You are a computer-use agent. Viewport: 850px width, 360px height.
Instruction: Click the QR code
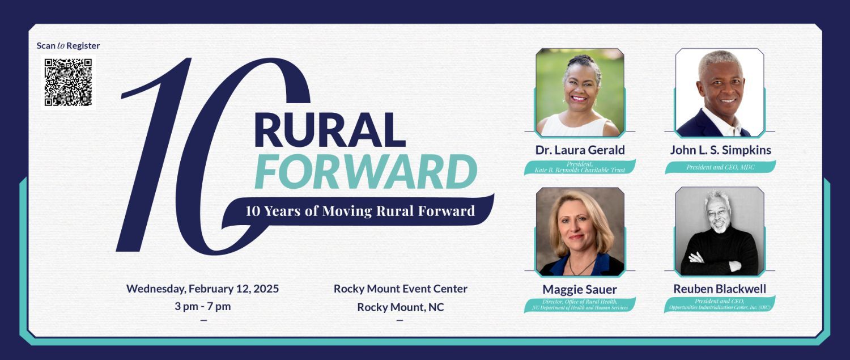click(69, 82)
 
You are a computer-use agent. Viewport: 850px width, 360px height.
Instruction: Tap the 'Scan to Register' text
click(69, 45)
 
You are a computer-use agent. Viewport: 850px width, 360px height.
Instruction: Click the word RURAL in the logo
click(330, 130)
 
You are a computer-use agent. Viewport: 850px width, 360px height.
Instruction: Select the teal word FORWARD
click(366, 172)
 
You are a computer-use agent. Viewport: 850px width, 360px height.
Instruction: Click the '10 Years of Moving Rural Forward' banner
click(360, 211)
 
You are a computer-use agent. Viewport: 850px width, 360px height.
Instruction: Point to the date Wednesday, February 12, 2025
click(203, 289)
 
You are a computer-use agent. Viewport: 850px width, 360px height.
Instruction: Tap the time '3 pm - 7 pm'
click(203, 306)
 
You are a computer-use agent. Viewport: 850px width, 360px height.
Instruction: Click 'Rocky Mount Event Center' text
click(401, 289)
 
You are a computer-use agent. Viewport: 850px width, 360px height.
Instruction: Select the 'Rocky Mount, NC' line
click(401, 307)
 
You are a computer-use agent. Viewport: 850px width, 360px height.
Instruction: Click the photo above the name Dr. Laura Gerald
click(580, 92)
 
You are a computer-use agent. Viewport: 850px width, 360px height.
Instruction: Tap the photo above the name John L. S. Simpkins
click(720, 92)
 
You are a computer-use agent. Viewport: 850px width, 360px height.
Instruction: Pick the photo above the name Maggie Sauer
click(580, 232)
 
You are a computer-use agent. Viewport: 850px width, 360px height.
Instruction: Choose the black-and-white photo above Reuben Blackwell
click(720, 231)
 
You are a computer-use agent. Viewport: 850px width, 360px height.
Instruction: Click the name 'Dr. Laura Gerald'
click(580, 150)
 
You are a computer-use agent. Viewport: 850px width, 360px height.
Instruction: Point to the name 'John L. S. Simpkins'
click(721, 150)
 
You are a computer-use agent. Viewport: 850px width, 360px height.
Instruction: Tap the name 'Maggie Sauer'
click(580, 289)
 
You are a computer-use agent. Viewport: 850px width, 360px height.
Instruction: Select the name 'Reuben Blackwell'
click(720, 289)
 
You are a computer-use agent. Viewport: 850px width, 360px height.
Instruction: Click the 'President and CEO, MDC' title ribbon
click(720, 167)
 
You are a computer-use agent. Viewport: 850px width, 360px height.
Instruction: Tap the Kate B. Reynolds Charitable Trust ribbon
click(580, 167)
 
